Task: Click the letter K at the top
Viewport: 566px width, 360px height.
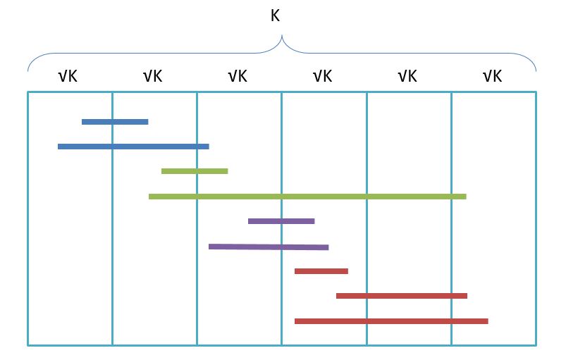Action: click(276, 15)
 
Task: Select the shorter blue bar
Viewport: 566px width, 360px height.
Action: click(115, 122)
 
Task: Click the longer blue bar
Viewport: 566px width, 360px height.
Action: click(133, 147)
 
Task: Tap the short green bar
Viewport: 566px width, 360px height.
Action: click(195, 171)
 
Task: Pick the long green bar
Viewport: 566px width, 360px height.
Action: click(307, 197)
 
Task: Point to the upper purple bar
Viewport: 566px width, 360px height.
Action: click(281, 221)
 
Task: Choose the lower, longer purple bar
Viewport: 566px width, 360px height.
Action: click(269, 247)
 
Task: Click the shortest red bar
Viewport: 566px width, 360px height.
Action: click(321, 271)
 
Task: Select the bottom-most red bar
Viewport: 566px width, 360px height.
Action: click(391, 321)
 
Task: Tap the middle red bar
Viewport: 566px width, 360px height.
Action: click(402, 296)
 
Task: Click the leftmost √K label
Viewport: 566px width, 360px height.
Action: click(68, 76)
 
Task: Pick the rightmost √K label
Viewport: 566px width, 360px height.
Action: click(492, 76)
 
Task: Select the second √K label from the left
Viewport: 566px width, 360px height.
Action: click(153, 76)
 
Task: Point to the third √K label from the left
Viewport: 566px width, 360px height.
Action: click(238, 76)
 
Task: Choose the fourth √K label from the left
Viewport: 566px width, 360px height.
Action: click(322, 76)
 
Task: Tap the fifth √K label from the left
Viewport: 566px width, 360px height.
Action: click(407, 76)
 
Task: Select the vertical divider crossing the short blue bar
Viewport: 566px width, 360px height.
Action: click(112, 211)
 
